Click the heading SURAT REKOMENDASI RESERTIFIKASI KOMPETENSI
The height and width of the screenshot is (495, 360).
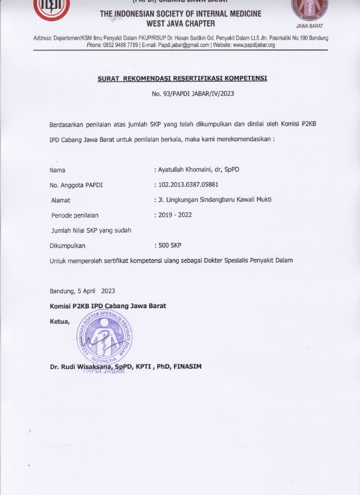[182, 79]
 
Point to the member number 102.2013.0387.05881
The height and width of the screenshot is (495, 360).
[189, 185]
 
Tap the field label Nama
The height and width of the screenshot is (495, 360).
[58, 170]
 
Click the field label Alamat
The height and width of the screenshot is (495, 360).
[61, 200]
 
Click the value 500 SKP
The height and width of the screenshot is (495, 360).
[170, 245]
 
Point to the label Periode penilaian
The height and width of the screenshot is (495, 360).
[75, 215]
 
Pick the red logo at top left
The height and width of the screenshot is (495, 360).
[52, 9]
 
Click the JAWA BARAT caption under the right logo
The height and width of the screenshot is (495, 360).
[309, 26]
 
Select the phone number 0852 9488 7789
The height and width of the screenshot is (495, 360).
[121, 45]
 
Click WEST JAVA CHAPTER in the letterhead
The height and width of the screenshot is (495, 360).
[181, 24]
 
